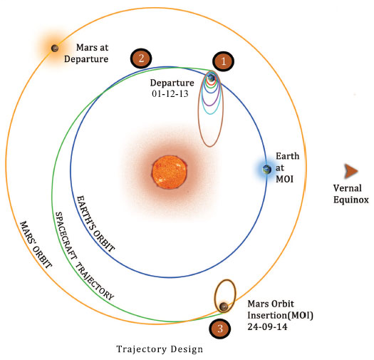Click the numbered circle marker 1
click(x=223, y=61)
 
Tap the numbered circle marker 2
click(x=141, y=58)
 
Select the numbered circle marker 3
click(x=219, y=329)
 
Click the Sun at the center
click(x=170, y=172)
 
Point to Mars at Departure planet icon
click(x=55, y=48)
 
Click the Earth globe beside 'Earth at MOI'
click(x=266, y=170)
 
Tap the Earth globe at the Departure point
click(x=211, y=78)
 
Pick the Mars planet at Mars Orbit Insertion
click(x=224, y=307)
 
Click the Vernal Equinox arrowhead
click(x=351, y=171)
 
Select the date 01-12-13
click(x=170, y=94)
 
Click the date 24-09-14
click(x=267, y=326)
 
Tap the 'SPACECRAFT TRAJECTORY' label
click(x=84, y=256)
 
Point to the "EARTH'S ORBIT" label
click(x=95, y=224)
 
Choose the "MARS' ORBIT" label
click(x=36, y=245)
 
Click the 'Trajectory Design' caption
click(x=160, y=349)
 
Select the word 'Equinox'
click(x=351, y=200)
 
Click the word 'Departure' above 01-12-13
click(x=172, y=83)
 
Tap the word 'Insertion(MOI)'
click(x=280, y=315)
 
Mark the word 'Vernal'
click(x=348, y=188)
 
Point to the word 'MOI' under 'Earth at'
click(x=284, y=179)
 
